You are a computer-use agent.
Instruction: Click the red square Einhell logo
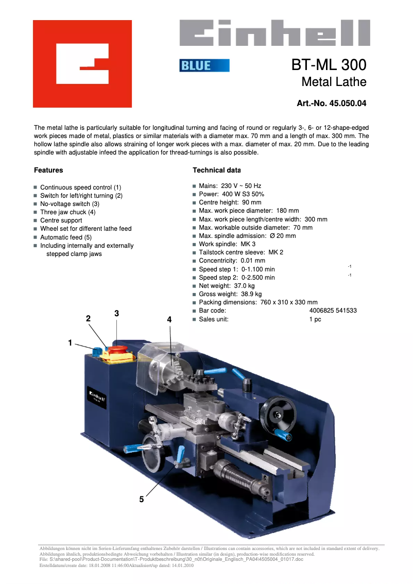pyautogui.click(x=82, y=64)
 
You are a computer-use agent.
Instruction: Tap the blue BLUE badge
pyautogui.click(x=204, y=65)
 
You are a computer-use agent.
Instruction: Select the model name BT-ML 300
pyautogui.click(x=329, y=65)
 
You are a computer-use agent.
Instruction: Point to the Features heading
pyautogui.click(x=48, y=170)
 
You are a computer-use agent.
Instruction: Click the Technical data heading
pyautogui.click(x=216, y=170)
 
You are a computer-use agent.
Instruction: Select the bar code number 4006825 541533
pyautogui.click(x=333, y=311)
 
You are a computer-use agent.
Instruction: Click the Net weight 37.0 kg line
pyautogui.click(x=227, y=285)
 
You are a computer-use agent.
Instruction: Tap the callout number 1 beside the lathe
pyautogui.click(x=70, y=342)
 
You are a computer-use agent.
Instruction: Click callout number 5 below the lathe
pyautogui.click(x=141, y=499)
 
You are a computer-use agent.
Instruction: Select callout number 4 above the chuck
pyautogui.click(x=169, y=319)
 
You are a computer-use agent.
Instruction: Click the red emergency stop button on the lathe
pyautogui.click(x=118, y=351)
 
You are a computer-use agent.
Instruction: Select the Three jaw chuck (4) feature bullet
pyautogui.click(x=67, y=212)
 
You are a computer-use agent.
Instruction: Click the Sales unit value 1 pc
pyautogui.click(x=315, y=319)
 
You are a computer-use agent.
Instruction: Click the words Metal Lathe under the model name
pyautogui.click(x=334, y=82)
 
